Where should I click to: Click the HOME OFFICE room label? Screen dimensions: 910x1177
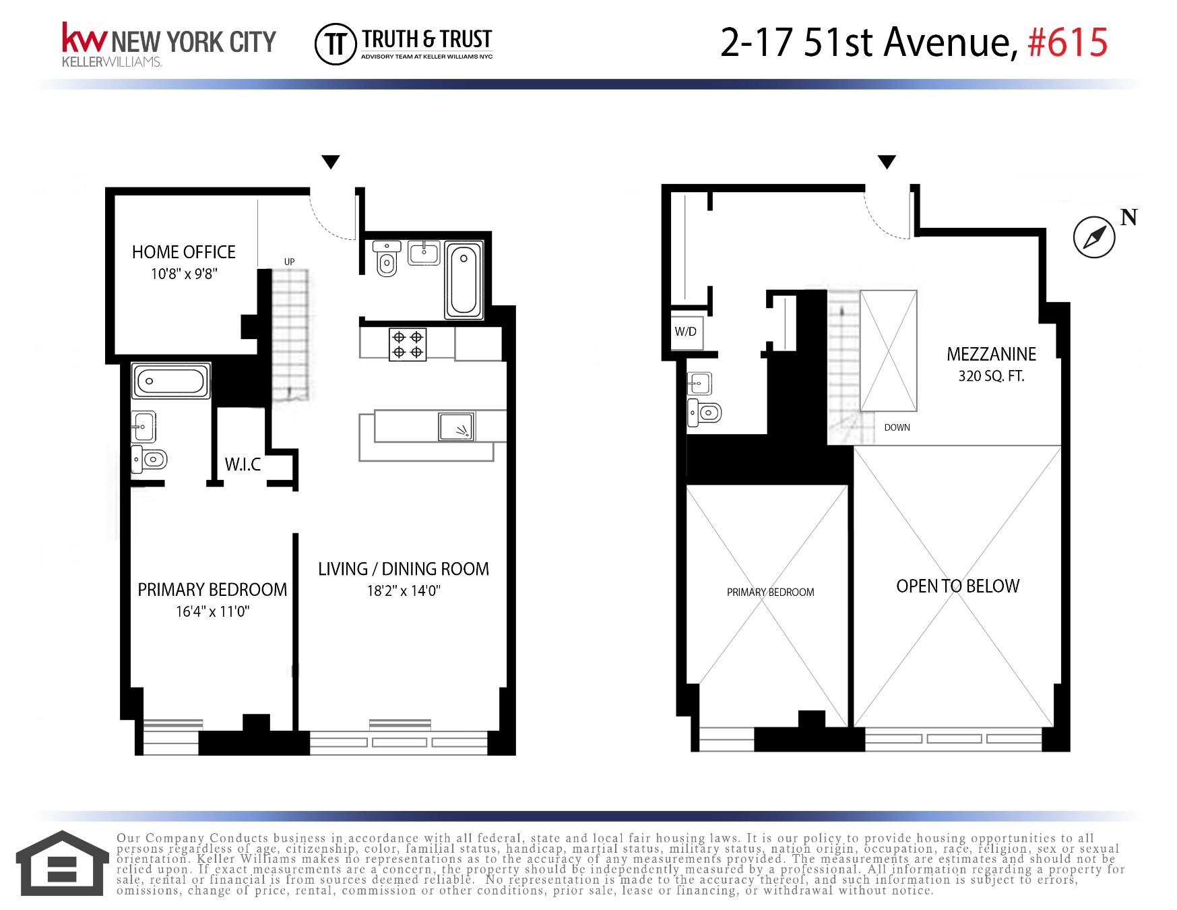pyautogui.click(x=183, y=252)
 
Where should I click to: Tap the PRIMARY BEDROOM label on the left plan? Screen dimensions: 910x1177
pyautogui.click(x=212, y=590)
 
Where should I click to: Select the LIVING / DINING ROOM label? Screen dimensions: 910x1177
pyautogui.click(x=403, y=569)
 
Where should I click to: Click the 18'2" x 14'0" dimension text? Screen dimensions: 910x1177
pyautogui.click(x=403, y=591)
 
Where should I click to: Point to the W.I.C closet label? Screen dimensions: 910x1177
pyautogui.click(x=243, y=464)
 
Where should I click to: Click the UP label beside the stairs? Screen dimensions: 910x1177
pyautogui.click(x=289, y=262)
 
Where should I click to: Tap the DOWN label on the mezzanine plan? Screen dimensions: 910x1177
pyautogui.click(x=897, y=427)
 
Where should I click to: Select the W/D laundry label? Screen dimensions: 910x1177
pyautogui.click(x=685, y=332)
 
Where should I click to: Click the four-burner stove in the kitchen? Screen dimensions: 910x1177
pyautogui.click(x=408, y=344)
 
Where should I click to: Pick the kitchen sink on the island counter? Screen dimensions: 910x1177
pyautogui.click(x=456, y=427)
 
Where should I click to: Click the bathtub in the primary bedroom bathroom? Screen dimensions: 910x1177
pyautogui.click(x=171, y=381)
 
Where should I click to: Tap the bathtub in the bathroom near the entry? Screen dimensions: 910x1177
pyautogui.click(x=464, y=280)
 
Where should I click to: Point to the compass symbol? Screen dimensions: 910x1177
pyautogui.click(x=1093, y=237)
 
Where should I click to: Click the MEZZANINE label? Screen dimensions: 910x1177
pyautogui.click(x=991, y=355)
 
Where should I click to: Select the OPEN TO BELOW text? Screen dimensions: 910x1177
pyautogui.click(x=957, y=586)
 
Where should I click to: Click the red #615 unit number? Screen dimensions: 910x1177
pyautogui.click(x=1067, y=42)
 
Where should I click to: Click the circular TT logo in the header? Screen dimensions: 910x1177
pyautogui.click(x=335, y=44)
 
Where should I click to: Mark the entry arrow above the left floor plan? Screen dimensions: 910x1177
pyautogui.click(x=330, y=162)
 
